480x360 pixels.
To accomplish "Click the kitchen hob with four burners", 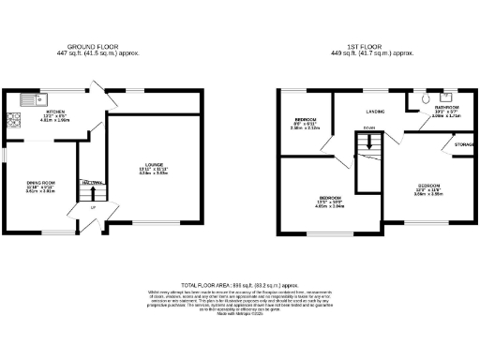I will pyautogui.click(x=14, y=119).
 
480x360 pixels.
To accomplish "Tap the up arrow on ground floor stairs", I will pyautogui.click(x=92, y=194).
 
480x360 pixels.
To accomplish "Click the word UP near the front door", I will pyautogui.click(x=93, y=221).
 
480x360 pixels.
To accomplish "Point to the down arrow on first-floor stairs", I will pyautogui.click(x=369, y=142).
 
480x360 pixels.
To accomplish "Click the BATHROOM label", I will pyautogui.click(x=444, y=108).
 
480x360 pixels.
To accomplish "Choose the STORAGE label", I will pyautogui.click(x=463, y=144).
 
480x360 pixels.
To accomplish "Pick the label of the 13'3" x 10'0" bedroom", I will pyautogui.click(x=330, y=198).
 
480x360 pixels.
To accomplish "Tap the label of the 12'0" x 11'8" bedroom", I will pyautogui.click(x=428, y=187).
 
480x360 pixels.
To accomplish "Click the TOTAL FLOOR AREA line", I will pyautogui.click(x=239, y=282).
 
